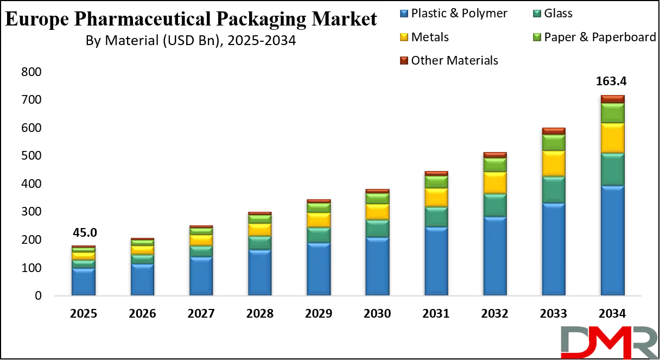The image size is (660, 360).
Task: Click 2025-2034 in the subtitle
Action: pos(263,41)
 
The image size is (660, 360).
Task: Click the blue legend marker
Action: pos(403,12)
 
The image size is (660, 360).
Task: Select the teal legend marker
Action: pos(537,12)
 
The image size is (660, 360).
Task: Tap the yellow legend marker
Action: pos(403,37)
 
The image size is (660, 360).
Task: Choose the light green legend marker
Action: pos(537,37)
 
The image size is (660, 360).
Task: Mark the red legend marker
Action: pos(403,61)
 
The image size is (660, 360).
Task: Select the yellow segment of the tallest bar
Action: pos(612,138)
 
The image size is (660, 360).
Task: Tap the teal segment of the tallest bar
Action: pos(612,169)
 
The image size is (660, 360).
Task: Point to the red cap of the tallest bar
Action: pos(612,98)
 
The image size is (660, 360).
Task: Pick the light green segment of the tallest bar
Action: pos(612,113)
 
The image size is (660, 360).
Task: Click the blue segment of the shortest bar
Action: pos(84,281)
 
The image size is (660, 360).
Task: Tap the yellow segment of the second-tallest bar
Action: pos(554,163)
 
